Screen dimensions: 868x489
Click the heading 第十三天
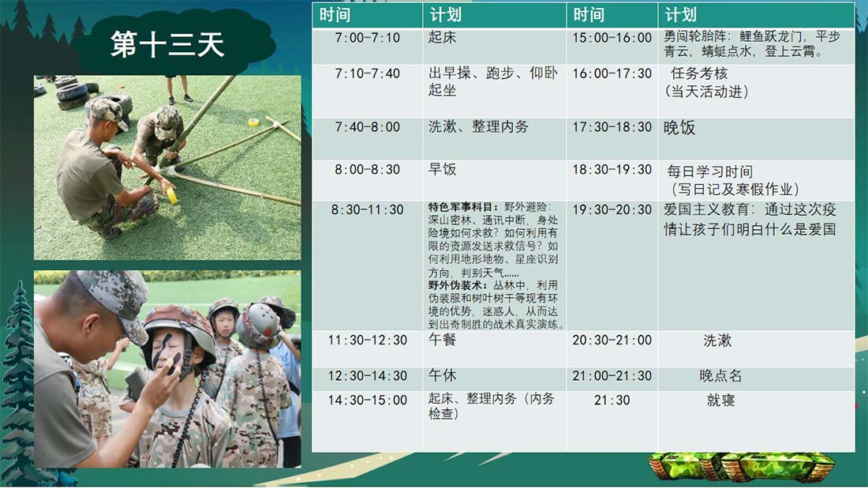167,44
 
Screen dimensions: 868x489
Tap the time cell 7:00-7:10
367,38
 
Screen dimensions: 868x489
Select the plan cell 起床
442,37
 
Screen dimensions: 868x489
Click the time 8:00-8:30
367,170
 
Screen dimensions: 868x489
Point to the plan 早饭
442,169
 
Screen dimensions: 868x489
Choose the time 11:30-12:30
367,340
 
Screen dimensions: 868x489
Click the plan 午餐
442,340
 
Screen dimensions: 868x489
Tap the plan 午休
442,375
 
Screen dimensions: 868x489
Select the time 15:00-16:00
612,38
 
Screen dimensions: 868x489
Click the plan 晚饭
679,127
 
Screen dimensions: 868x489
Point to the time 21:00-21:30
612,376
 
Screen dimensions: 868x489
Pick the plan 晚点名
720,376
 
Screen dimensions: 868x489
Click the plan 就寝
720,401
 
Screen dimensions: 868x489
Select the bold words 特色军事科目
462,207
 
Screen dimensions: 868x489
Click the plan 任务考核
698,73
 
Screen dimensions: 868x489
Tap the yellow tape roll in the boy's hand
171,195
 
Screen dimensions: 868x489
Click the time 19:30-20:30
612,209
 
